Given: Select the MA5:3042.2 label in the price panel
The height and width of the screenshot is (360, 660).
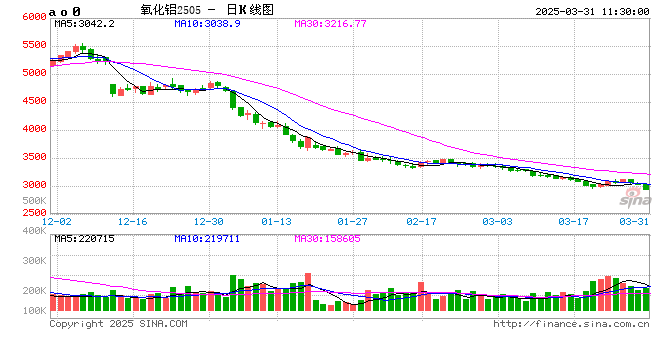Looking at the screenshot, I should [85, 22].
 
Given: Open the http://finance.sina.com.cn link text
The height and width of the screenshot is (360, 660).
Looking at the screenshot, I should [569, 324].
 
